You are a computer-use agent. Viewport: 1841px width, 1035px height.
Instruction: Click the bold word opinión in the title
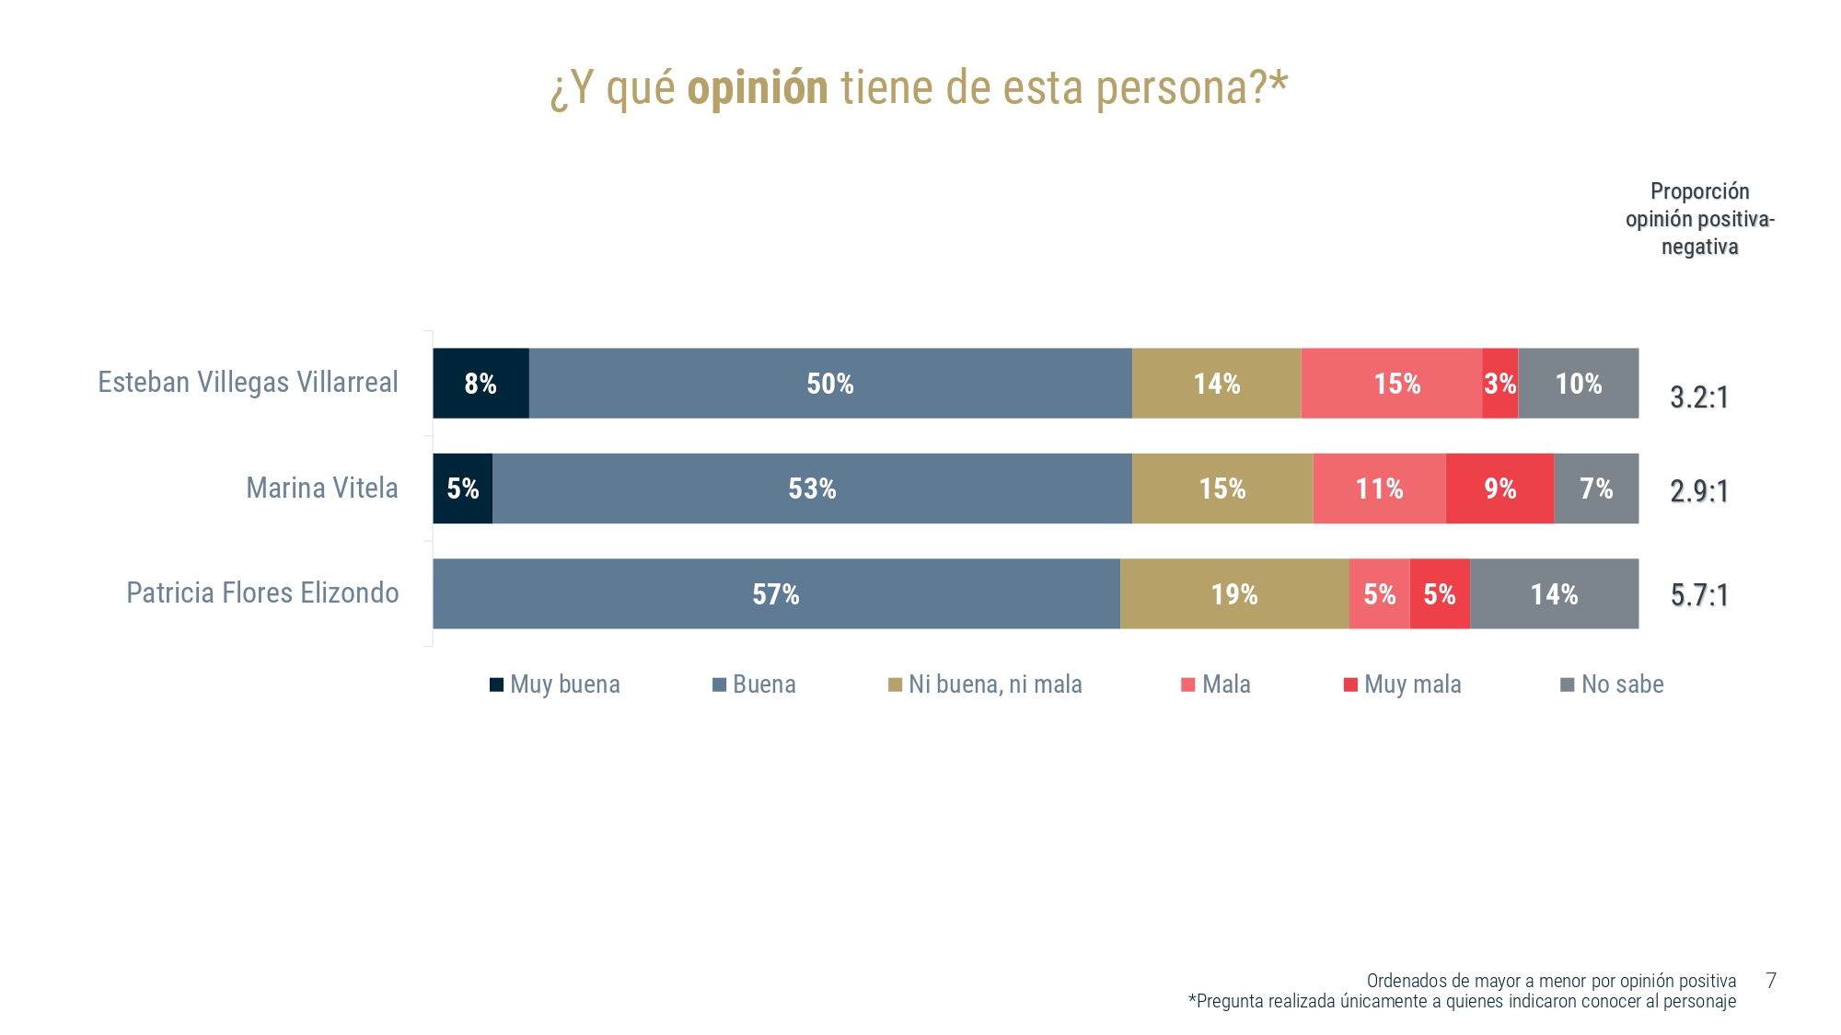point(758,88)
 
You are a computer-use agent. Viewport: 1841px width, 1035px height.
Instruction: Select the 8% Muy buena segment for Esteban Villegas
point(481,384)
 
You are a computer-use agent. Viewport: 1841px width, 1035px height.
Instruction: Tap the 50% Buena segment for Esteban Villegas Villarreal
point(829,384)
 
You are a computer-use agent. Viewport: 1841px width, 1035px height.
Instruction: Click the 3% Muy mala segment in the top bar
point(1499,384)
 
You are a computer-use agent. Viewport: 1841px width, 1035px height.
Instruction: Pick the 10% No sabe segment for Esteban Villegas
point(1578,384)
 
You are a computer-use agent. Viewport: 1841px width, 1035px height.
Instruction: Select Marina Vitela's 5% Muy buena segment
point(462,489)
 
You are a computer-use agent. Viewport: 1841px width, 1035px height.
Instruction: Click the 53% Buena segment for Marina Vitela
point(812,489)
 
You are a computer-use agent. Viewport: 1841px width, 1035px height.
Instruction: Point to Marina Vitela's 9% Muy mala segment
point(1499,489)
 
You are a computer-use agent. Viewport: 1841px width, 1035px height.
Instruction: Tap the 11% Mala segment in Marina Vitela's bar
point(1379,489)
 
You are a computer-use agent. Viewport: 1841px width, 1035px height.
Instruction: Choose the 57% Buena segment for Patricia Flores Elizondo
point(776,594)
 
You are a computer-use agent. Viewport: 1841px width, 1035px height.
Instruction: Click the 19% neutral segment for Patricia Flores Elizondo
point(1234,594)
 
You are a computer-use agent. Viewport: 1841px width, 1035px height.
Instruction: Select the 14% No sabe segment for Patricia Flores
point(1554,594)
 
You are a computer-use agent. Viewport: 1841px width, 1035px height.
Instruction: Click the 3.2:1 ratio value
point(1699,397)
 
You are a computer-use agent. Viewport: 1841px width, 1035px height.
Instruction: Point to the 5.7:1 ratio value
point(1699,595)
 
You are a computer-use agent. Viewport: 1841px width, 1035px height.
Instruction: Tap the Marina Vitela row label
point(322,488)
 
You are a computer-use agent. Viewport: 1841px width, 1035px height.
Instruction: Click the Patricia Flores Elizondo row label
point(262,592)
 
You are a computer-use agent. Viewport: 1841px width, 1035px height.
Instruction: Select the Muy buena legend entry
point(555,684)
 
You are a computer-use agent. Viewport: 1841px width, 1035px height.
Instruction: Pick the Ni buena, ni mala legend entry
point(985,684)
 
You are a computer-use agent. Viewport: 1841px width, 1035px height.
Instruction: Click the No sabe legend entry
point(1613,684)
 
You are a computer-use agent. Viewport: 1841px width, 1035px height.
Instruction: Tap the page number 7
point(1771,980)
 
